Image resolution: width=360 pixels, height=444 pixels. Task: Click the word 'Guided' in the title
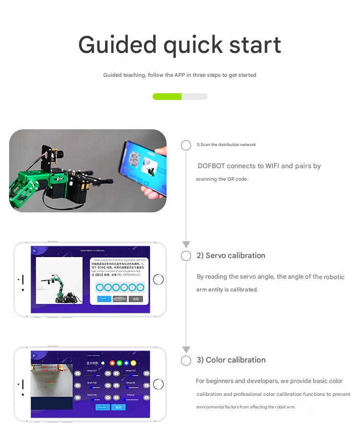click(117, 45)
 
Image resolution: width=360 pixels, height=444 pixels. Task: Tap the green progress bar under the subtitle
click(167, 97)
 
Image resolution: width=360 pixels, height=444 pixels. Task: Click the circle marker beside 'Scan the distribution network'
click(186, 146)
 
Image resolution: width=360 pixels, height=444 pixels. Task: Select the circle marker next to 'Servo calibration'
click(186, 256)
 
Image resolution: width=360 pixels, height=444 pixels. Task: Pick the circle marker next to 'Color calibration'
click(186, 360)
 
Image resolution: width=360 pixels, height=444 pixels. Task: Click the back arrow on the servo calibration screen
click(35, 251)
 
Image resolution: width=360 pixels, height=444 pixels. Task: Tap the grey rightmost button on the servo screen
click(136, 299)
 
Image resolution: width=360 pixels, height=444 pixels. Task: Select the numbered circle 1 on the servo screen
click(99, 287)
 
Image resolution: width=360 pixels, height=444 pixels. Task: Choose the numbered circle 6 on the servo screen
click(140, 287)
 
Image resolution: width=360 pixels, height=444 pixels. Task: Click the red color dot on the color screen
click(112, 363)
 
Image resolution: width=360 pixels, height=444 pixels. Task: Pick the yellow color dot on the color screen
click(133, 363)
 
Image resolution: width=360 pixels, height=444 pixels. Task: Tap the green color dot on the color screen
click(120, 363)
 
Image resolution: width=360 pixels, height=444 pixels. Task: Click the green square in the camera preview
click(52, 385)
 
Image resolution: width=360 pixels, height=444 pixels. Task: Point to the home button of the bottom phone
click(158, 384)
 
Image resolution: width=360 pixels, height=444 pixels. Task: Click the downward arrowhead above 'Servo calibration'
click(186, 245)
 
